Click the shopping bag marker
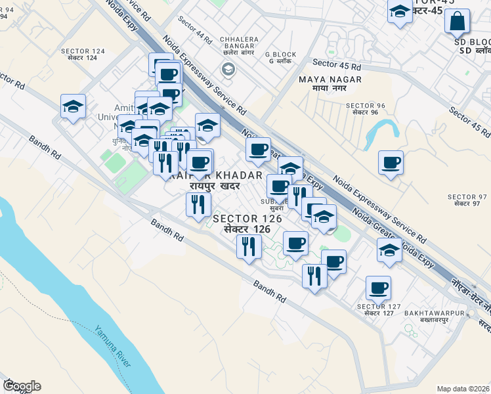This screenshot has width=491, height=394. pyautogui.click(x=457, y=21)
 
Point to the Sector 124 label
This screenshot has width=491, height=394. pyautogui.click(x=83, y=54)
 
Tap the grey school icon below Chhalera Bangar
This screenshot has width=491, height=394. pyautogui.click(x=228, y=68)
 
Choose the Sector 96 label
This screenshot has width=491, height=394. pyautogui.click(x=365, y=108)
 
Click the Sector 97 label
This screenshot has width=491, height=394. pyautogui.click(x=467, y=200)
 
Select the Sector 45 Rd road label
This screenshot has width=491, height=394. pyautogui.click(x=337, y=65)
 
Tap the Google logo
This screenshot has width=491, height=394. pyautogui.click(x=22, y=386)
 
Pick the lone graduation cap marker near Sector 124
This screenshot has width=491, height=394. pyautogui.click(x=74, y=106)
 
